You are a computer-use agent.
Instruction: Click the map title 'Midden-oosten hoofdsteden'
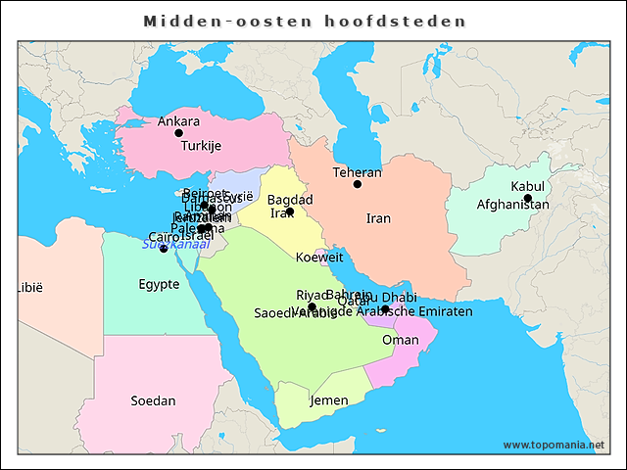pos(305,21)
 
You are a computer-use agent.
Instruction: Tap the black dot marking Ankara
pos(178,133)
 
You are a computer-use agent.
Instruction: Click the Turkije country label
pos(201,146)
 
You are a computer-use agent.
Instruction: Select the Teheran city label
pos(357,172)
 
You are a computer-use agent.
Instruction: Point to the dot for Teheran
pos(358,184)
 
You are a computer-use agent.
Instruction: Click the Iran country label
pos(378,218)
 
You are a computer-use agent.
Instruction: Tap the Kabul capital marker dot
pos(528,199)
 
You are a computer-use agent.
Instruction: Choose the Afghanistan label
pos(512,205)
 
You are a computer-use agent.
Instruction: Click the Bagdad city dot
pos(290,211)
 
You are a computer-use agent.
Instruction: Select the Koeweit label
pos(319,258)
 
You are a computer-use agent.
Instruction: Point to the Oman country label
pos(400,340)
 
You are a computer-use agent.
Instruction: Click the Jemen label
pos(328,400)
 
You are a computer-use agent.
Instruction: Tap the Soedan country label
pos(153,400)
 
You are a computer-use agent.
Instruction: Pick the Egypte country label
pos(159,285)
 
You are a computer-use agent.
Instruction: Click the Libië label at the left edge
pos(30,288)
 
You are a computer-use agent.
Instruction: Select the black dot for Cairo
pos(164,249)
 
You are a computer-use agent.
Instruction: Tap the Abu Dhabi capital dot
pos(385,309)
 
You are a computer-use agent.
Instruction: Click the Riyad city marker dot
pos(312,306)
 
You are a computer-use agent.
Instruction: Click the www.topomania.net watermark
pos(554,445)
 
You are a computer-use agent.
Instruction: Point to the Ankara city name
pos(178,121)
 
